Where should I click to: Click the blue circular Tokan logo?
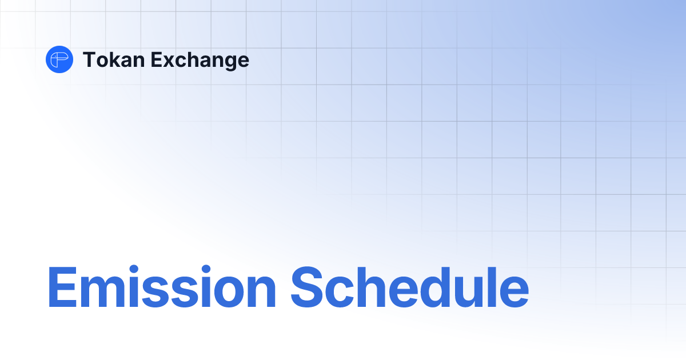[x=59, y=59]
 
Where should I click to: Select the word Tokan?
[x=111, y=59]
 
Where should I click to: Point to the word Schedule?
[x=409, y=287]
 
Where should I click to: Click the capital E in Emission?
[x=61, y=287]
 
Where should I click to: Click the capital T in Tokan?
[x=89, y=59]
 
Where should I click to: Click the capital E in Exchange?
[x=154, y=59]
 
